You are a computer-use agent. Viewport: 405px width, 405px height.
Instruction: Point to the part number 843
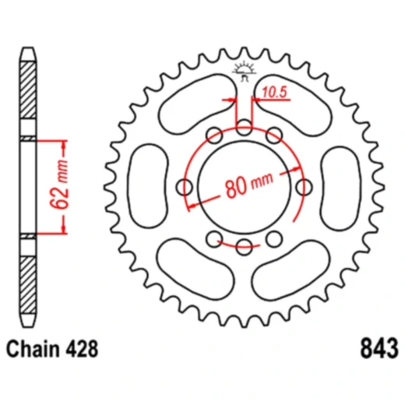(380, 346)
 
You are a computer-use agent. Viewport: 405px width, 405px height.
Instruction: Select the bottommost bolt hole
(245, 248)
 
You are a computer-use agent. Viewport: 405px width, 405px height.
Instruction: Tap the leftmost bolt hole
(185, 187)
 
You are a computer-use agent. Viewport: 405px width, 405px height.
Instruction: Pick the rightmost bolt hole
(305, 187)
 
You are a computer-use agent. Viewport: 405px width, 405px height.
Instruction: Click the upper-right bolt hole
(274, 136)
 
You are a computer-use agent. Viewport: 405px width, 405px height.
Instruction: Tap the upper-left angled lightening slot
(191, 107)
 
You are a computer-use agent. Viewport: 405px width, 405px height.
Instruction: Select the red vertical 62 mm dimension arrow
(64, 187)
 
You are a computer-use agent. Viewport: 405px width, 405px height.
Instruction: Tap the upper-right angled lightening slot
(296, 107)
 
